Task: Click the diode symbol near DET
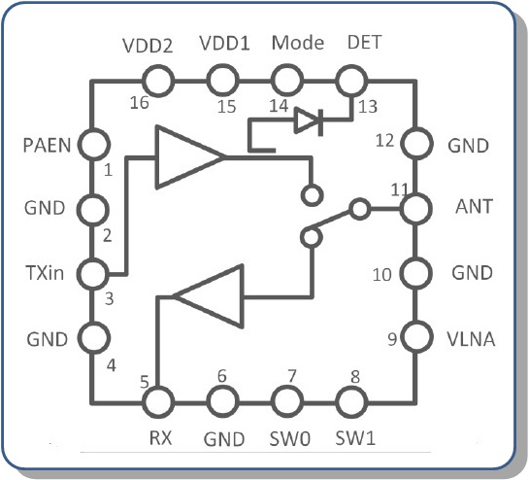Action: (309, 121)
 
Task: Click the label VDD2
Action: (148, 45)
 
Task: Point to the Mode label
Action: (298, 43)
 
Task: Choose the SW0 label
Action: (290, 438)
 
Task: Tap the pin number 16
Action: (140, 102)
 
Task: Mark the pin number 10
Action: (381, 275)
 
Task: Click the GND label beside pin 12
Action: (468, 146)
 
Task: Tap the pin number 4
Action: (111, 365)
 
